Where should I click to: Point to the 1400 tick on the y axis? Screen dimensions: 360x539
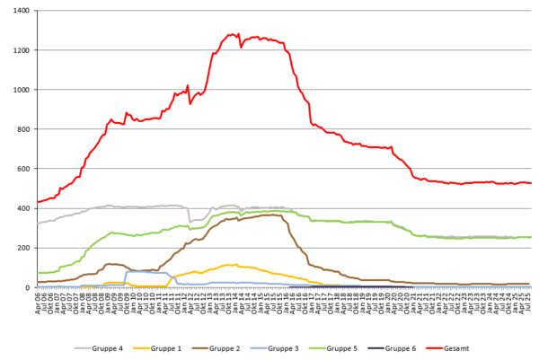pyautogui.click(x=20, y=11)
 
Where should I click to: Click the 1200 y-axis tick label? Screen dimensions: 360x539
pyautogui.click(x=20, y=50)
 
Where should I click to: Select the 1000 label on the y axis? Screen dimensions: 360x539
pyautogui.click(x=20, y=90)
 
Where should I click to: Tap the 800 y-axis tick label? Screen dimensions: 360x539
pyautogui.click(x=22, y=129)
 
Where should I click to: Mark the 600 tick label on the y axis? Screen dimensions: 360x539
pyautogui.click(x=22, y=169)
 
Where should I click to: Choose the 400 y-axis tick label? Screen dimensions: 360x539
pyautogui.click(x=22, y=208)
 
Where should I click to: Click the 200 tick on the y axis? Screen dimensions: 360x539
pyautogui.click(x=22, y=248)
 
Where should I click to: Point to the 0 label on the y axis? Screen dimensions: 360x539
pyautogui.click(x=27, y=287)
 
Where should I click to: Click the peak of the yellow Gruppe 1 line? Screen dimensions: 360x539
pyautogui.click(x=233, y=265)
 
